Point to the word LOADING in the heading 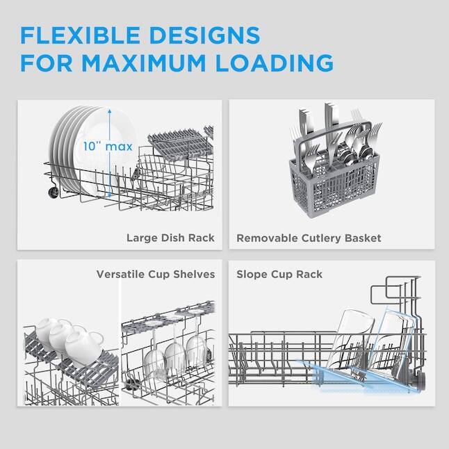pyautogui.click(x=278, y=63)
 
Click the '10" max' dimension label pyautogui.click(x=107, y=147)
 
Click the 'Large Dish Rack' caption pyautogui.click(x=170, y=238)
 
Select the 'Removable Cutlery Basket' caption pyautogui.click(x=309, y=238)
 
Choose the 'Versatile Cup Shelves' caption pyautogui.click(x=156, y=275)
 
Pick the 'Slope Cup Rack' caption pyautogui.click(x=279, y=275)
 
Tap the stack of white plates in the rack pyautogui.click(x=76, y=149)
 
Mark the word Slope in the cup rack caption pyautogui.click(x=250, y=275)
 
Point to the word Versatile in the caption pyautogui.click(x=120, y=275)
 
